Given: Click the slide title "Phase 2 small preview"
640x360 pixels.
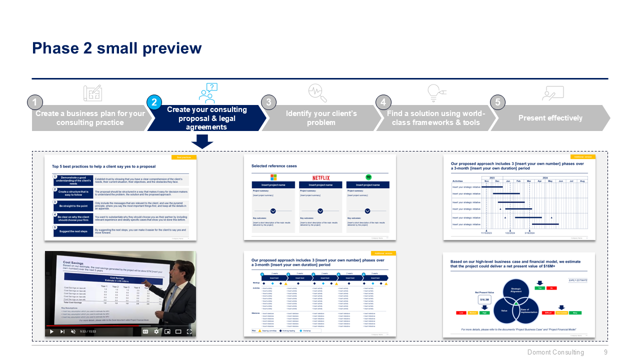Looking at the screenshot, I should pyautogui.click(x=116, y=48).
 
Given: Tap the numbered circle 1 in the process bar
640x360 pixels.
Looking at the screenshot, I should pyautogui.click(x=34, y=102).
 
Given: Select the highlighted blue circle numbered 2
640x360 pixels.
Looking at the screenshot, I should pyautogui.click(x=154, y=102).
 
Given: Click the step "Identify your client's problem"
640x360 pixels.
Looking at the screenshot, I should pyautogui.click(x=321, y=118).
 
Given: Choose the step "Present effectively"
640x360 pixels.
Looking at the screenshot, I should pyautogui.click(x=550, y=118).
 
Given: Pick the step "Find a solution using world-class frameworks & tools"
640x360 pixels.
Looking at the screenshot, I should pyautogui.click(x=435, y=118).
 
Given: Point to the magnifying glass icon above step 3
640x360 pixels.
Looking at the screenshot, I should pyautogui.click(x=317, y=93).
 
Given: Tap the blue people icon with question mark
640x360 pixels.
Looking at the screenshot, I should pyautogui.click(x=208, y=93).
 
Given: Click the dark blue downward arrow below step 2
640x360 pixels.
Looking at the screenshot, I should pyautogui.click(x=202, y=142).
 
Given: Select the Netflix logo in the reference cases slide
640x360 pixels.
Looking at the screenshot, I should pyautogui.click(x=321, y=177).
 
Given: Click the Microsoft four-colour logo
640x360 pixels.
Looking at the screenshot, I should pyautogui.click(x=273, y=177).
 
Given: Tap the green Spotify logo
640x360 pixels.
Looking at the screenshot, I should pyautogui.click(x=368, y=177).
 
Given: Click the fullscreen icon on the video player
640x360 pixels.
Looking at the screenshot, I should pyautogui.click(x=189, y=331).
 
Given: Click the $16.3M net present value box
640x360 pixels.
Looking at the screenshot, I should pyautogui.click(x=484, y=300).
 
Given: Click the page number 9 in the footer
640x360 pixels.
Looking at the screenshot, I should pyautogui.click(x=605, y=352).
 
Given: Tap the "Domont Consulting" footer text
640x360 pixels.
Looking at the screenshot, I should pyautogui.click(x=555, y=352).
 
